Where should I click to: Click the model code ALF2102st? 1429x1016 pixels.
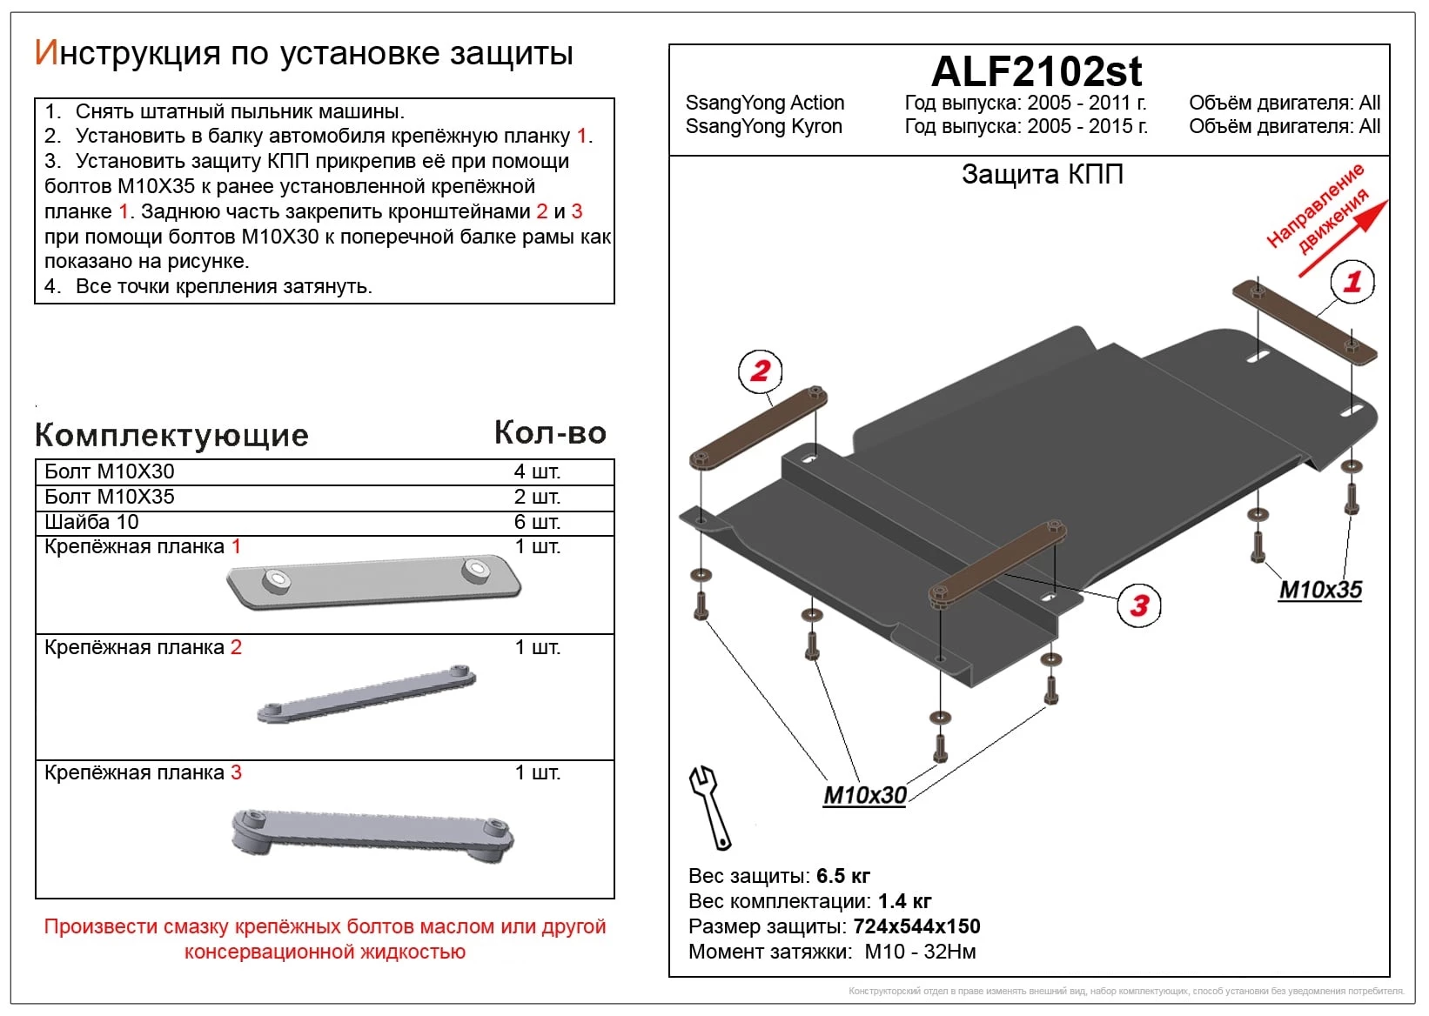pos(1036,71)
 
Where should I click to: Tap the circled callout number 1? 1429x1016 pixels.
pos(1352,282)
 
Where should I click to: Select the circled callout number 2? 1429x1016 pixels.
pos(761,371)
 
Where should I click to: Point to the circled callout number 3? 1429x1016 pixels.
pos(1139,605)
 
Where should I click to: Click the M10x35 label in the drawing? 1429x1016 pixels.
pos(1319,590)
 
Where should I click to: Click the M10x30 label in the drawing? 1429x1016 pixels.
pos(864,795)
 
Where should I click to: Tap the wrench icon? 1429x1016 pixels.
pos(709,806)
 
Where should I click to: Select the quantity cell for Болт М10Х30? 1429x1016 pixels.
pos(536,471)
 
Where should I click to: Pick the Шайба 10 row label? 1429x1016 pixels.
pos(91,522)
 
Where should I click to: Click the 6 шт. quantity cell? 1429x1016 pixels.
pos(536,522)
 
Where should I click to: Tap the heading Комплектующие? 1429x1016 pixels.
pos(171,435)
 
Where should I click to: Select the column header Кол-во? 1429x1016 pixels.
pos(549,432)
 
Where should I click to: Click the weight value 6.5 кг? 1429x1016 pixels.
pos(842,876)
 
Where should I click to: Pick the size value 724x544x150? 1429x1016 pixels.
pos(916,926)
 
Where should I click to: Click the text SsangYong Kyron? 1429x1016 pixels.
pos(763,127)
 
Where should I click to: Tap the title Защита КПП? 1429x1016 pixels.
pos(1042,175)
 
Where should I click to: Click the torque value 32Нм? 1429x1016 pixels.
pos(949,952)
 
